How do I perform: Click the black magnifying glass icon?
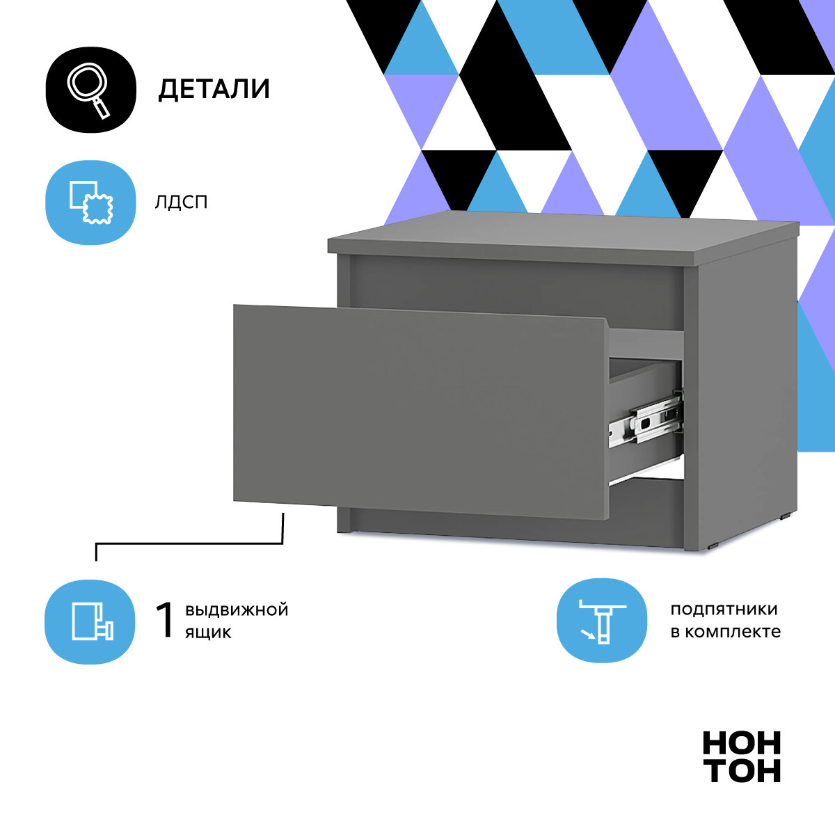pos(90,90)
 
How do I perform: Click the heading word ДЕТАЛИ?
pos(214,90)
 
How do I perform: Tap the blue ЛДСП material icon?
pos(90,202)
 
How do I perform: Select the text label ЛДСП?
pos(182,202)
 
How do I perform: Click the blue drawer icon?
pos(90,621)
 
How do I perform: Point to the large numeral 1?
pos(165,620)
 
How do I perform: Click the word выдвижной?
pos(237,610)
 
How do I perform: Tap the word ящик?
pos(208,633)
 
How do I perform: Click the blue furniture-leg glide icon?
pos(602,620)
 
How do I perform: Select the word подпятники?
pos(724,610)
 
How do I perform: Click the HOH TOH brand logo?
pos(741,757)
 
